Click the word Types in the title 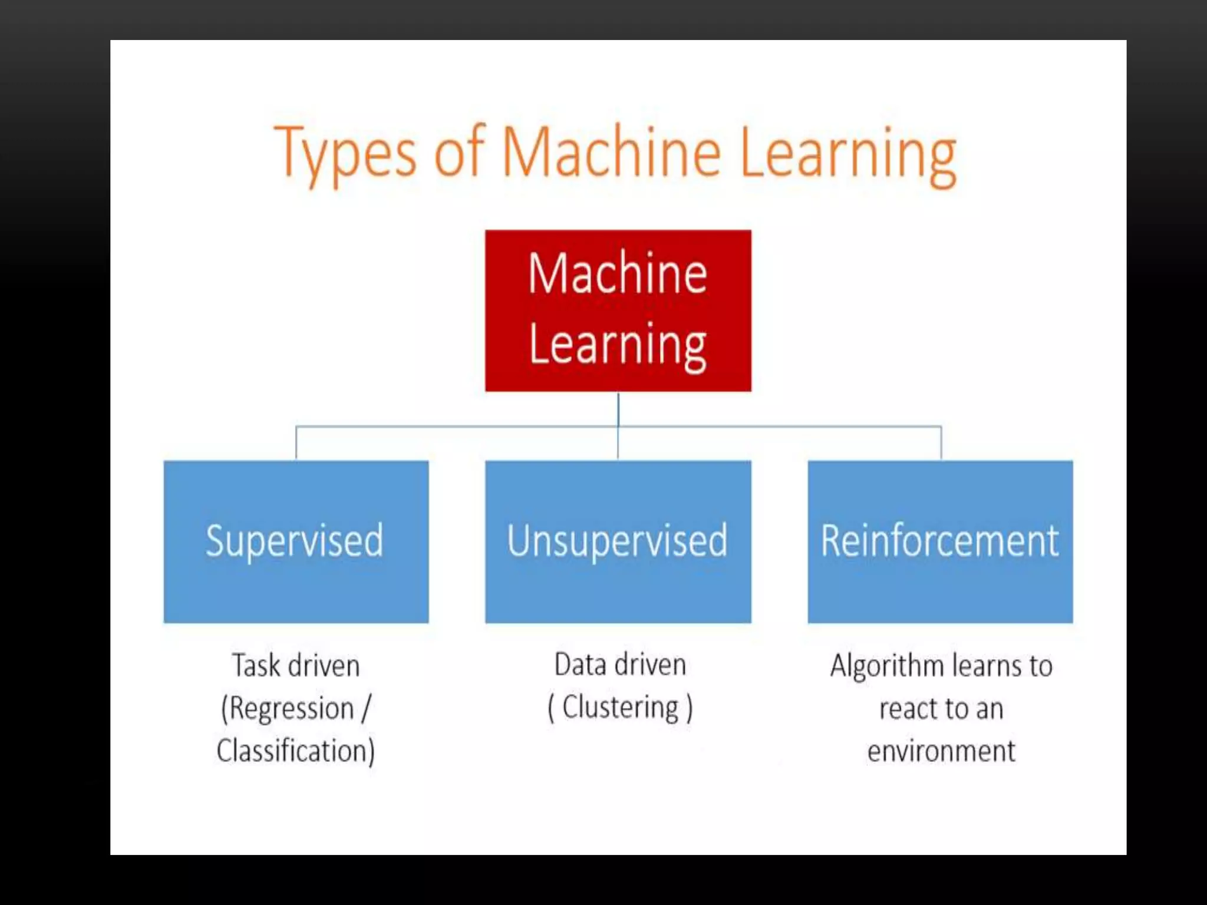pyautogui.click(x=345, y=154)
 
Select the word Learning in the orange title pyautogui.click(x=847, y=154)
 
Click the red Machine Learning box pyautogui.click(x=618, y=311)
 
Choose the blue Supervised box pyautogui.click(x=296, y=541)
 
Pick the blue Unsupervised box pyautogui.click(x=618, y=541)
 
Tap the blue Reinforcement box pyautogui.click(x=940, y=541)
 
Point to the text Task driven pyautogui.click(x=296, y=666)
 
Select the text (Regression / pyautogui.click(x=296, y=708)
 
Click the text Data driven pyautogui.click(x=620, y=665)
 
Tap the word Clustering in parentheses pyautogui.click(x=620, y=707)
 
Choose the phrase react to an pyautogui.click(x=941, y=708)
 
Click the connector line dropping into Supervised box pyautogui.click(x=296, y=442)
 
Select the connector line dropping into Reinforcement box pyautogui.click(x=941, y=442)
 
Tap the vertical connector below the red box pyautogui.click(x=618, y=409)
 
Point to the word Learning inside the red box pyautogui.click(x=618, y=346)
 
